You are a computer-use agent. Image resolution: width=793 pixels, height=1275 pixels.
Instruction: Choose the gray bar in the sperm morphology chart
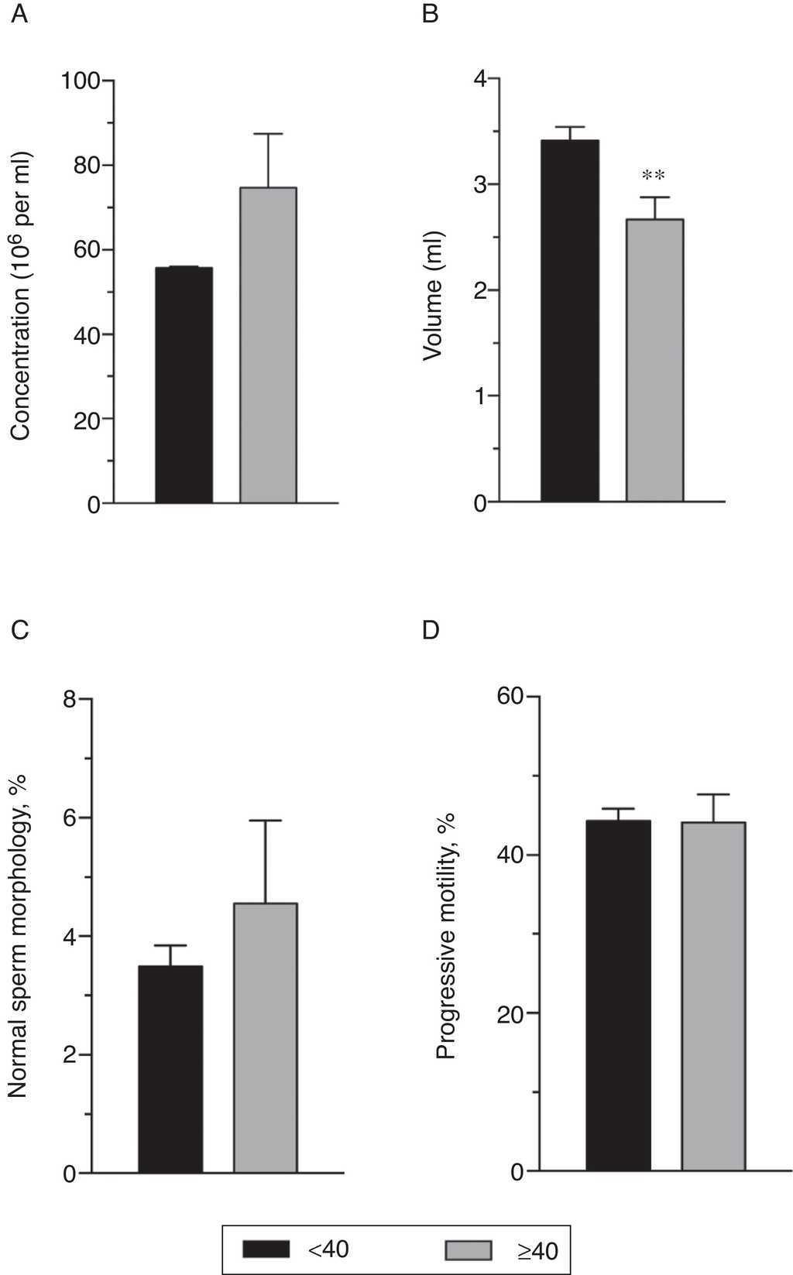click(x=266, y=1037)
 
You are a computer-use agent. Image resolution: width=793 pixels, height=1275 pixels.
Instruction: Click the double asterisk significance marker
click(x=654, y=176)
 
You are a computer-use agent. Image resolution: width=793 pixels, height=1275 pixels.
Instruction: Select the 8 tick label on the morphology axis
click(x=70, y=700)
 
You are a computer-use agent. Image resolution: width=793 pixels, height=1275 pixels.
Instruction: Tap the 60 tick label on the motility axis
click(x=510, y=697)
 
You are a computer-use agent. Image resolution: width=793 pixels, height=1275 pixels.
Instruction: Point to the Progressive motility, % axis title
click(x=445, y=935)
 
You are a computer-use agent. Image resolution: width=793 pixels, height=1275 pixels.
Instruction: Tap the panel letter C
click(x=20, y=629)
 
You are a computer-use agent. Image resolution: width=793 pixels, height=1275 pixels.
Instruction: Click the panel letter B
click(x=431, y=14)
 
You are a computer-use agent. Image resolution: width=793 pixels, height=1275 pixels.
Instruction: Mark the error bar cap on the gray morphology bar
click(x=266, y=821)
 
